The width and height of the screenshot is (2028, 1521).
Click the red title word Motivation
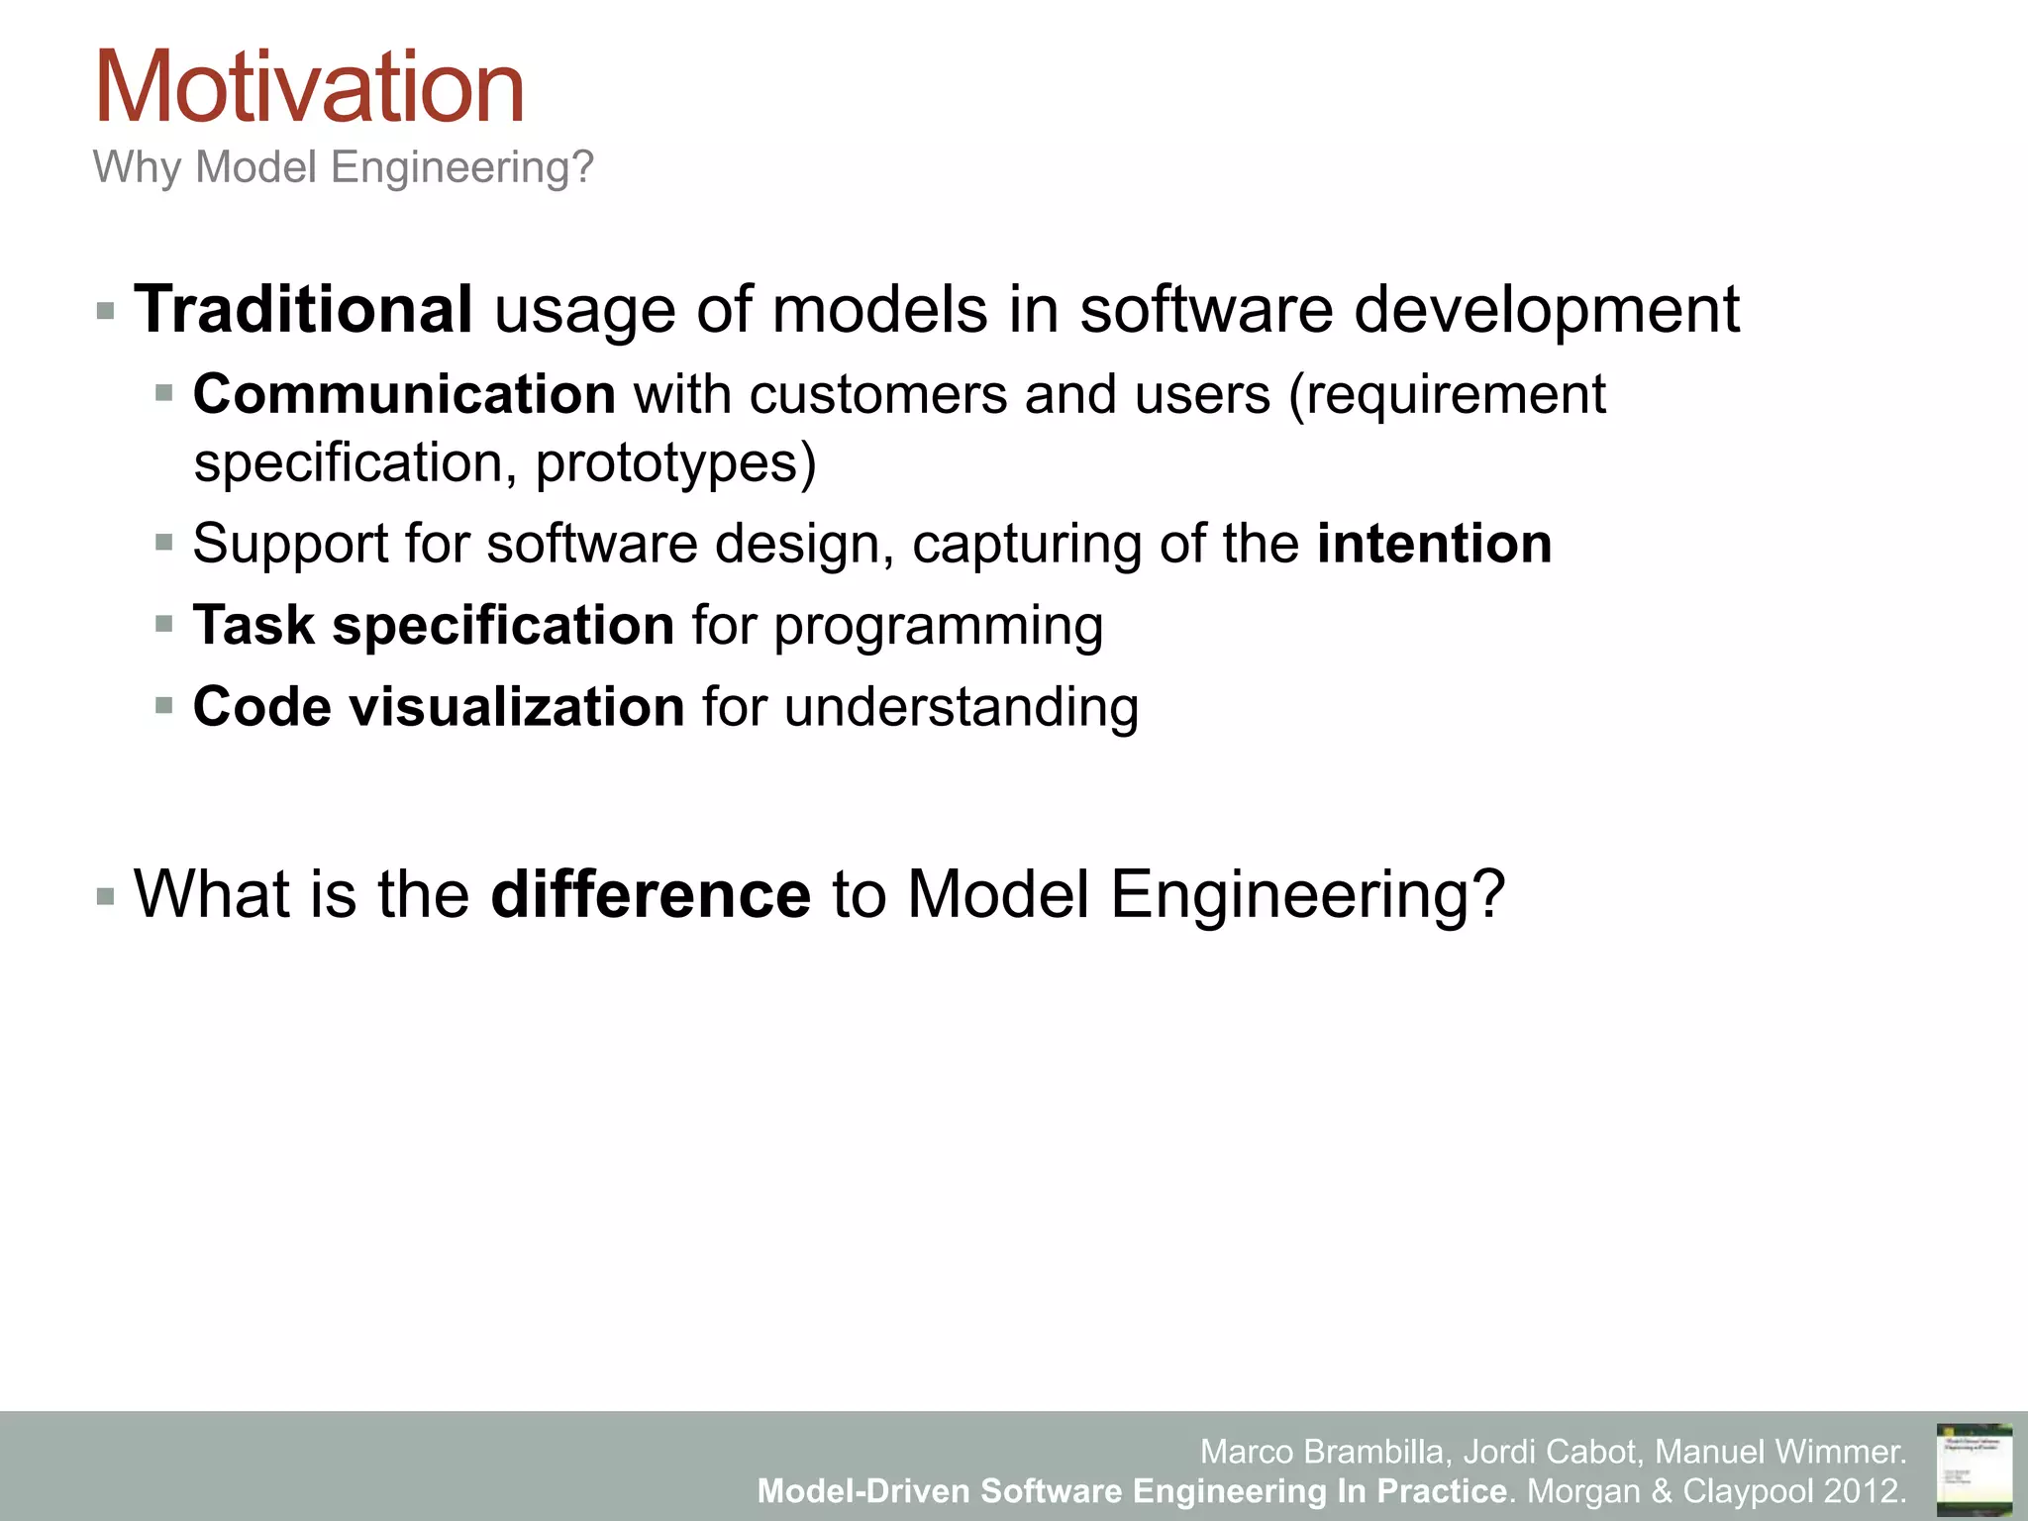pos(309,89)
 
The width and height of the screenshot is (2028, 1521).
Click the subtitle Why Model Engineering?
pos(343,166)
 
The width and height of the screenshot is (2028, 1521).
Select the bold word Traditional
pos(303,309)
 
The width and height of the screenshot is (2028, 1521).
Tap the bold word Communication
pos(404,394)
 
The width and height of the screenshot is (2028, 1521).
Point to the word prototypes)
pos(675,463)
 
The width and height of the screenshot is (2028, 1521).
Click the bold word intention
pos(1434,544)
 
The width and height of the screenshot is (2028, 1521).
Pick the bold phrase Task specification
pos(434,625)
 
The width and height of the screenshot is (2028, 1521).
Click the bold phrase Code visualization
pos(439,707)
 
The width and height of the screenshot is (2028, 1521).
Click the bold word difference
pos(651,894)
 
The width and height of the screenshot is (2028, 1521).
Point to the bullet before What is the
pos(106,897)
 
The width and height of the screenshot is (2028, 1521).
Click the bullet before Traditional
pos(106,313)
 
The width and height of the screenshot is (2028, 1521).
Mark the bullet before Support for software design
pos(164,543)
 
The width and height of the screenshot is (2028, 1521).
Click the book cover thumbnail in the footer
pos(1974,1470)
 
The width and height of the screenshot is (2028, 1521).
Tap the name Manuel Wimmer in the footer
pos(1778,1452)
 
